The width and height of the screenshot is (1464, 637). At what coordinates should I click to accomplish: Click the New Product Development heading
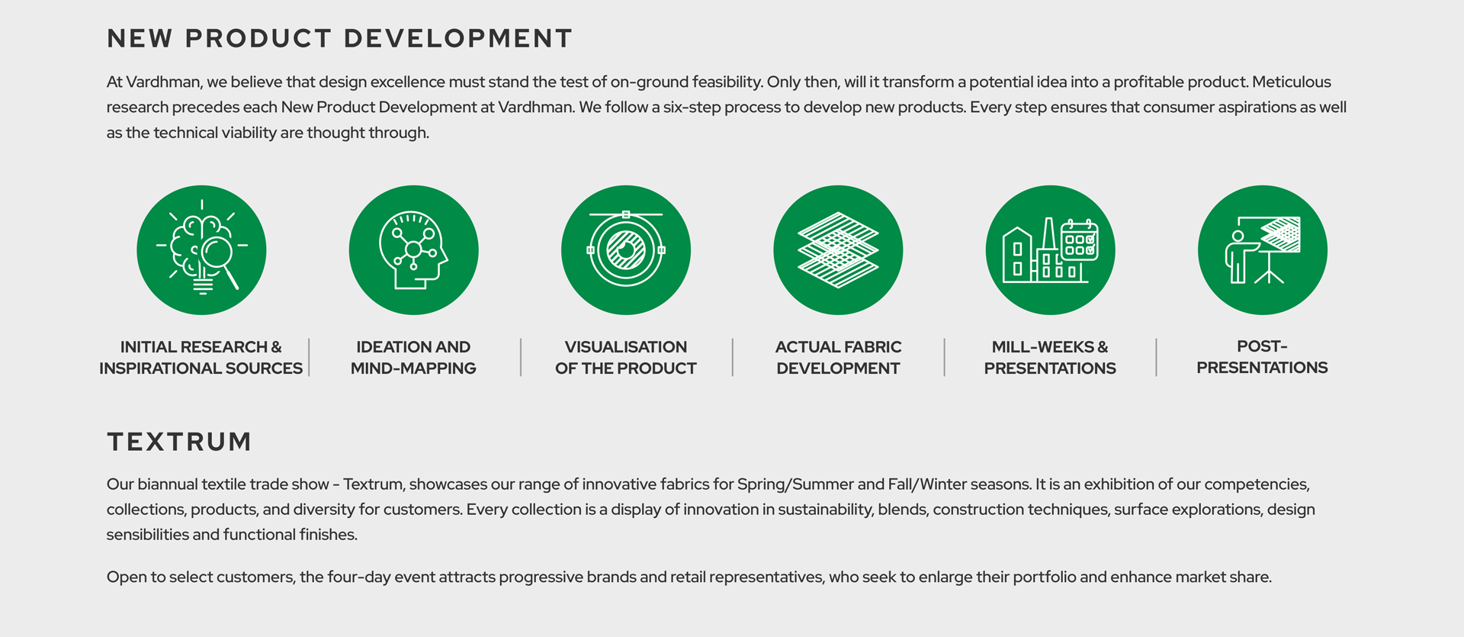coord(339,38)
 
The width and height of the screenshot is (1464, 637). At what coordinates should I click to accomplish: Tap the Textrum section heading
coord(179,442)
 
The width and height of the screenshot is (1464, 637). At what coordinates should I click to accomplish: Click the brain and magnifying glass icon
coord(201,250)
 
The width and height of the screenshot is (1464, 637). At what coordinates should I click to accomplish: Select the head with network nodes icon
coord(414,250)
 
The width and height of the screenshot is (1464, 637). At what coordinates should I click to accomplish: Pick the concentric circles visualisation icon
coord(626,250)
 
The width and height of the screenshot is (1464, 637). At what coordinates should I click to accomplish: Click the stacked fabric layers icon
coord(838,250)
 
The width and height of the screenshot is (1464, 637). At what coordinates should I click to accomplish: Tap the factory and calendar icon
coord(1050,250)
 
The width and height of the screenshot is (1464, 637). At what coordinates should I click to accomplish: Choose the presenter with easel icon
coord(1263,250)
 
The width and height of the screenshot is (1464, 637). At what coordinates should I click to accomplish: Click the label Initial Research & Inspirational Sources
coord(201,357)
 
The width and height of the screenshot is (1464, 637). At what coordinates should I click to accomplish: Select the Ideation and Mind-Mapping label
coord(413,357)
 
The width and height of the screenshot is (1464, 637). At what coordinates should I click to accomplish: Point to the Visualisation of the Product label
coord(626,357)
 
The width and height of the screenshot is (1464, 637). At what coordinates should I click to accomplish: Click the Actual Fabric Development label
coord(838,357)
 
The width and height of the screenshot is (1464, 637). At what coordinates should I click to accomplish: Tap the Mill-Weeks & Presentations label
coord(1050,357)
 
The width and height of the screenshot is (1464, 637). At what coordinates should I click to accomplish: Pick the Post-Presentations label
coord(1262,356)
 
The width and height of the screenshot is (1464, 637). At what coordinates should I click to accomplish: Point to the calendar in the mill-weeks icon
coord(1080,240)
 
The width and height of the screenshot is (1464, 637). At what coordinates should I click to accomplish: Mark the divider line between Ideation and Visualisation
coord(521,357)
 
